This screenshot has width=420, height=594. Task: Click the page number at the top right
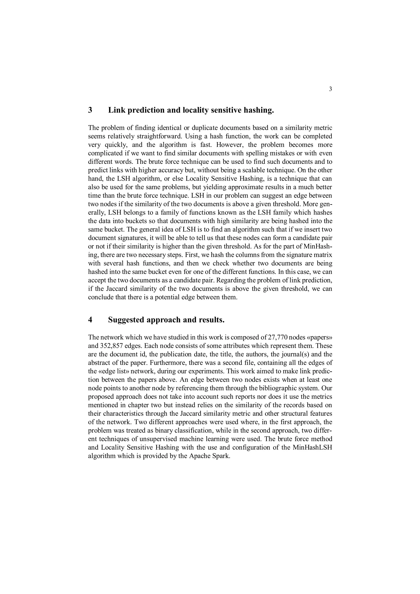click(x=330, y=89)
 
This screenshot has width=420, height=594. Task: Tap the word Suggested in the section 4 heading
click(x=126, y=320)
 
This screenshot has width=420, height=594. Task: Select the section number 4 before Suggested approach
click(x=90, y=320)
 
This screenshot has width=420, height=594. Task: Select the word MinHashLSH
click(x=312, y=447)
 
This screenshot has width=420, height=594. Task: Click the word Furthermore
click(x=169, y=363)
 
